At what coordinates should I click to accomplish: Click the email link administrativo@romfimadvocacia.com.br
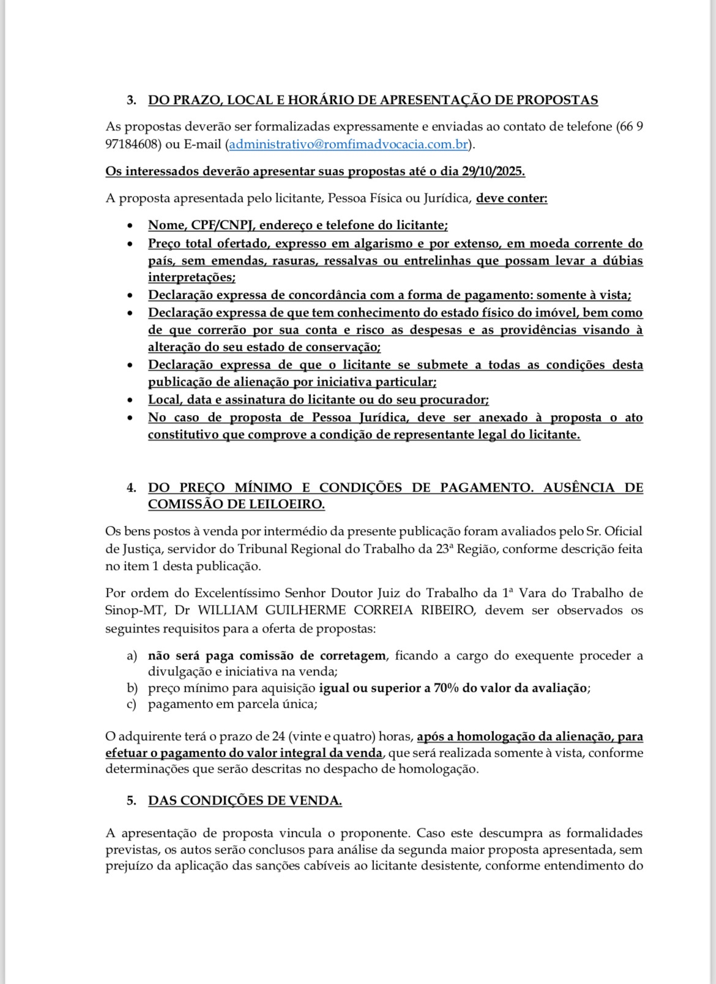348,145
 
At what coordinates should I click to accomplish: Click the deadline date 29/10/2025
493,171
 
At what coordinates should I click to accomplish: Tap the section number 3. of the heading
132,100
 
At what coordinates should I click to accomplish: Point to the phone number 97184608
133,145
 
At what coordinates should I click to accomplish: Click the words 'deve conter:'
512,198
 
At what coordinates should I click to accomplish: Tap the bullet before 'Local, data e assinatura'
129,400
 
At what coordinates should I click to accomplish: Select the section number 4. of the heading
132,488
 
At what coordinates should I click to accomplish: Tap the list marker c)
132,704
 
